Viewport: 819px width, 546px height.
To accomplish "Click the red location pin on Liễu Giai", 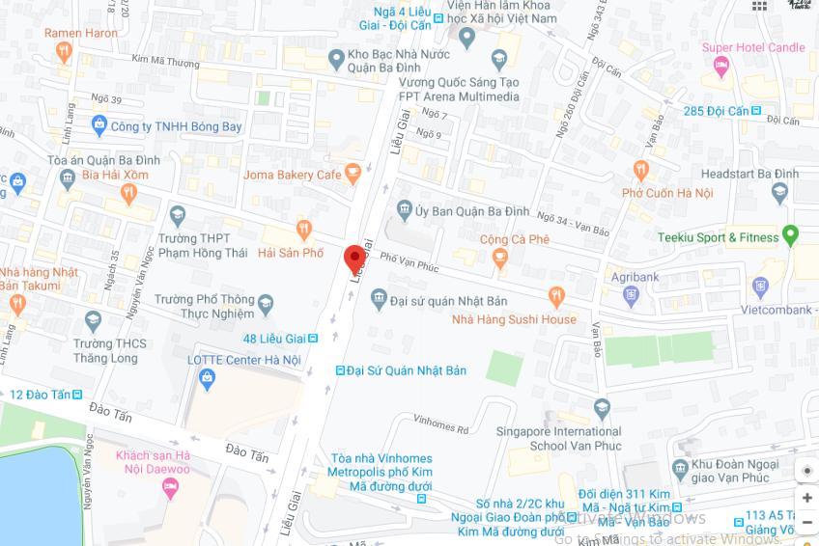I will click(354, 259).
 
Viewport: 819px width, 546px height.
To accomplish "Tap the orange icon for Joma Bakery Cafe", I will click(353, 175).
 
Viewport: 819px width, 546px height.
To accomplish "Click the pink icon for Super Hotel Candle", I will click(720, 65).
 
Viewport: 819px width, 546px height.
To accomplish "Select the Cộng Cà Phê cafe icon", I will click(499, 258).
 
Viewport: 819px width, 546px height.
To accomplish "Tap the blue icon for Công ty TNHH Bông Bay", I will click(99, 125).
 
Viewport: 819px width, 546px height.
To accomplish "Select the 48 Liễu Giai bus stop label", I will click(274, 339).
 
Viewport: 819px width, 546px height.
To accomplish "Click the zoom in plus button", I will click(806, 498).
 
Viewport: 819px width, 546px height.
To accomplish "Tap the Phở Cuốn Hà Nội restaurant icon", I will click(640, 172).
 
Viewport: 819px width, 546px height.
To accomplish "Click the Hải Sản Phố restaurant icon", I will click(304, 231).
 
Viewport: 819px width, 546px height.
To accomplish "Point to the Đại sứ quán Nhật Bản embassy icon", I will click(379, 300).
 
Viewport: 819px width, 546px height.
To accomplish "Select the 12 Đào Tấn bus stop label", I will click(44, 395).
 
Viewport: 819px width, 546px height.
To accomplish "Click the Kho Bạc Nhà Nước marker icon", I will click(336, 59).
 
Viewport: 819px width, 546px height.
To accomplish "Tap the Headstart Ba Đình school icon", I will click(780, 194).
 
